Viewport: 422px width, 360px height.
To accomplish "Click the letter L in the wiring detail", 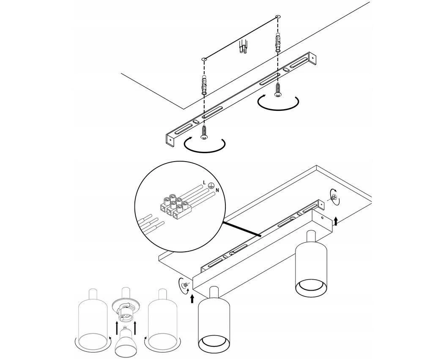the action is [205, 183].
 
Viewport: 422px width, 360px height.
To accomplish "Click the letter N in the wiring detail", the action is [217, 190].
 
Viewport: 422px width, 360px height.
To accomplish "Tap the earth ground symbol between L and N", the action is [211, 185].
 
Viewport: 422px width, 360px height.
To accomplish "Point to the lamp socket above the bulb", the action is [125, 308].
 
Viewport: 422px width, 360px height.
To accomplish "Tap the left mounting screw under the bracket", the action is [204, 132].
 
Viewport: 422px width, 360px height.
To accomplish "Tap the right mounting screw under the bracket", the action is [277, 90].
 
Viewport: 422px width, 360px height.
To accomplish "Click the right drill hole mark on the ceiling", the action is [278, 17].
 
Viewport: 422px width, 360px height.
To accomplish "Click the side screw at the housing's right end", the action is [334, 198].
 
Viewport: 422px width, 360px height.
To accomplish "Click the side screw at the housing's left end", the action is [185, 285].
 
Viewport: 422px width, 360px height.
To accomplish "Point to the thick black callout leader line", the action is [241, 229].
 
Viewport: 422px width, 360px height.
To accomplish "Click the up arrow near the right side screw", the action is [336, 222].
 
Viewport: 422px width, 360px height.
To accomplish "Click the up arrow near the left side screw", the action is [192, 299].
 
